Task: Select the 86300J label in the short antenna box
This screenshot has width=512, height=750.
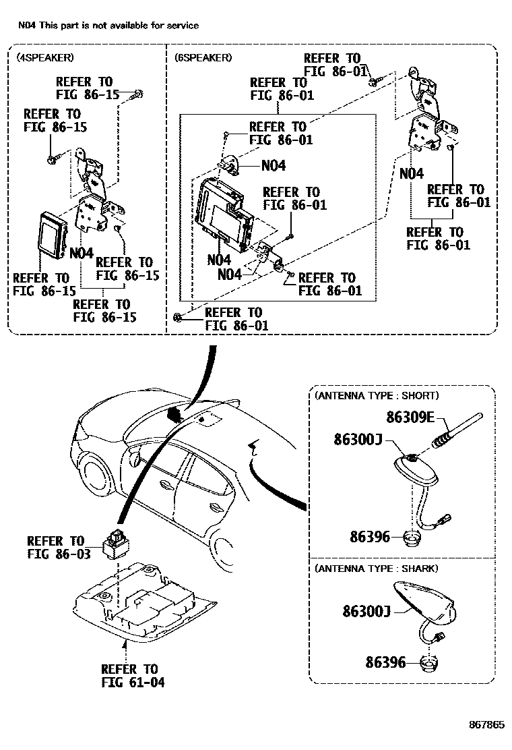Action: point(358,439)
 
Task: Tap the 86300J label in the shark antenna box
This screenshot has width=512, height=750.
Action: point(366,611)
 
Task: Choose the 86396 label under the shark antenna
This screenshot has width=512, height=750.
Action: point(386,662)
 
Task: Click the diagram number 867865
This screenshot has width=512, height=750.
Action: point(486,725)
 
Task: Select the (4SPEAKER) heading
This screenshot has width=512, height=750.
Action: point(45,57)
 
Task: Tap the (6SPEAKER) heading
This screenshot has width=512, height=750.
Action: point(203,57)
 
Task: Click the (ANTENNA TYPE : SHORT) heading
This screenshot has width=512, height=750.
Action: point(376,395)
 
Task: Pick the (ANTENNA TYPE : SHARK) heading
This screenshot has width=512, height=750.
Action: point(376,569)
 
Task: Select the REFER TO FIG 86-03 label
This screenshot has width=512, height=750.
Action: point(56,547)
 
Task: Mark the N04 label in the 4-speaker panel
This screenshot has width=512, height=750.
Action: point(81,253)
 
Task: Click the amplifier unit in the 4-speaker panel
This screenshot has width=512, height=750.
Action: point(52,233)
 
